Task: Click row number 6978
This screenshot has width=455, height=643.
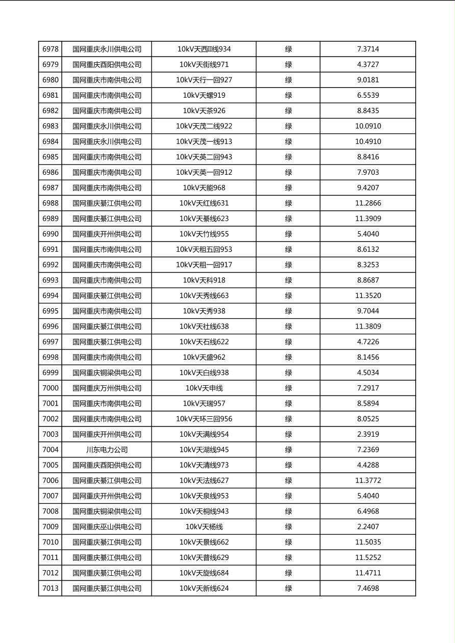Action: pyautogui.click(x=50, y=49)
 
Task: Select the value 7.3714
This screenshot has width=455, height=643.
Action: pyautogui.click(x=368, y=49)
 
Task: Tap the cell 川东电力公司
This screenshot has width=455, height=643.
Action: pyautogui.click(x=107, y=450)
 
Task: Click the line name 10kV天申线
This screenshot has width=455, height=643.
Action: pyautogui.click(x=204, y=388)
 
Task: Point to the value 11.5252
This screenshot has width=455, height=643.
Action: pyautogui.click(x=368, y=557)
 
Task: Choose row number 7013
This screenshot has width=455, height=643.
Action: pyautogui.click(x=50, y=588)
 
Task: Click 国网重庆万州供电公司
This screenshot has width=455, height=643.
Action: pyautogui.click(x=107, y=388)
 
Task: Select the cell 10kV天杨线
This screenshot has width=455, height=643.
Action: pyautogui.click(x=204, y=527)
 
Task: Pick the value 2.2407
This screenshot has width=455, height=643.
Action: pyautogui.click(x=368, y=527)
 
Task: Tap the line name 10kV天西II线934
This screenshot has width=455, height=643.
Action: pyautogui.click(x=204, y=49)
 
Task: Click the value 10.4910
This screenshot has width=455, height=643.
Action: pyautogui.click(x=368, y=142)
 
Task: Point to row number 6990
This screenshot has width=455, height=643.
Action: pyautogui.click(x=50, y=234)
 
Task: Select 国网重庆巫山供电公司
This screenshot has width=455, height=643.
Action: pyautogui.click(x=107, y=527)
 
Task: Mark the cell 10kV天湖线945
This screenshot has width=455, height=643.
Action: pyautogui.click(x=204, y=450)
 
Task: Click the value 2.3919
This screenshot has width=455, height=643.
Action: pyautogui.click(x=368, y=435)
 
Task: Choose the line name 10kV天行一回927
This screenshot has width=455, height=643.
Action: pyautogui.click(x=204, y=80)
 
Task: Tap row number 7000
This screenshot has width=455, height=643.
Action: pyautogui.click(x=50, y=388)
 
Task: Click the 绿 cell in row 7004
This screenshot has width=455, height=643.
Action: pyautogui.click(x=288, y=450)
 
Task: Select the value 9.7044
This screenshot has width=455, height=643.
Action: pyautogui.click(x=368, y=311)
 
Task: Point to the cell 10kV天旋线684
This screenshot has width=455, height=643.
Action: pyautogui.click(x=204, y=573)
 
